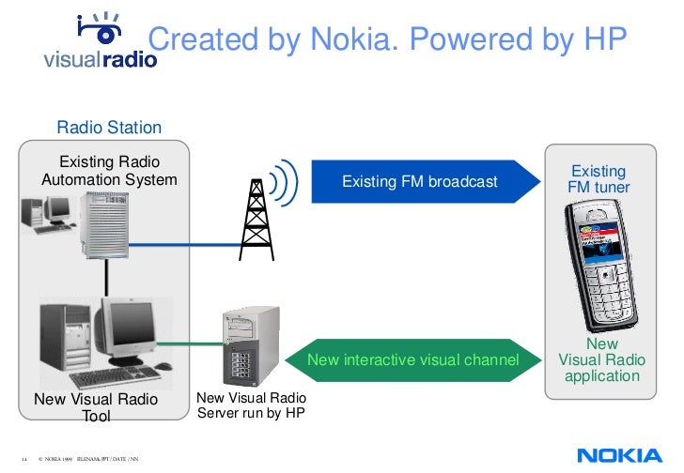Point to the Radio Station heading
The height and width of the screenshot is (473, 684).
click(109, 128)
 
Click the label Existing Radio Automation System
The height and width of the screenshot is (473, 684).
click(109, 171)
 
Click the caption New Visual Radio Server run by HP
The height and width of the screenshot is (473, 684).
click(251, 406)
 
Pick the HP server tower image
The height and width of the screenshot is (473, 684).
click(250, 346)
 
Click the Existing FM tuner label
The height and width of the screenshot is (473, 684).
click(598, 179)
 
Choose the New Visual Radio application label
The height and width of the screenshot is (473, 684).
click(601, 361)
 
